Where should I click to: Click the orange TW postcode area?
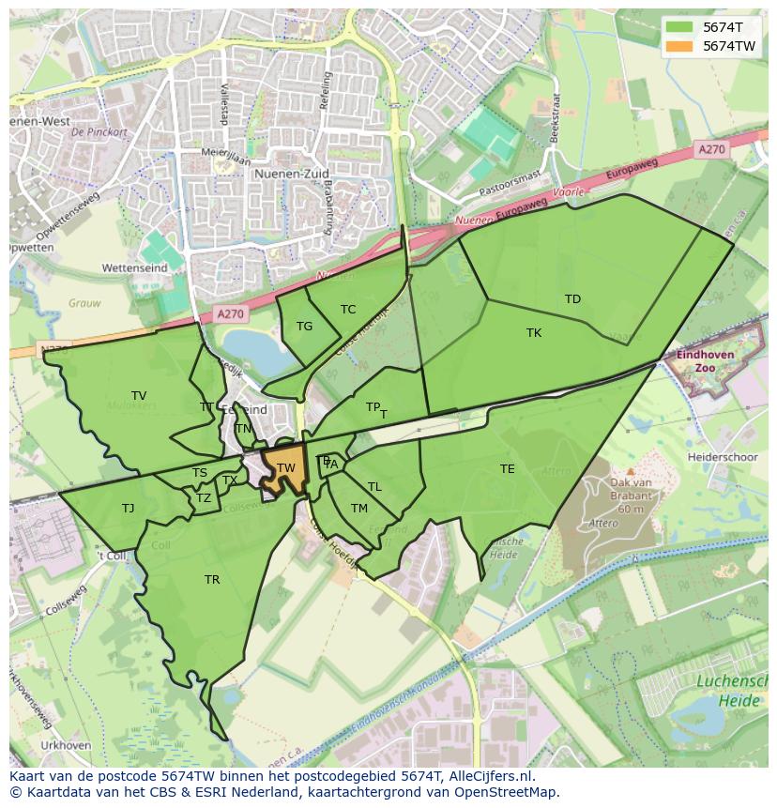point(285,468)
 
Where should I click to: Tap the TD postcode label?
point(572,299)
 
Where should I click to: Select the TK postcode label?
point(534,333)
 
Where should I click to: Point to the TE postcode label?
point(508,469)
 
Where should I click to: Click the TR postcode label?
point(212,580)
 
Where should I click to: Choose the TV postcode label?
point(139,396)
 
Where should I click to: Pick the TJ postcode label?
point(128,509)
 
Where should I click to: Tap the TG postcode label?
point(304,327)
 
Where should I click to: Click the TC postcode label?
point(348,310)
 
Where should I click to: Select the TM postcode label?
point(359,509)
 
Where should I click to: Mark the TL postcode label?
point(374,487)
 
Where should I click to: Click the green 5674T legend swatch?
point(679,27)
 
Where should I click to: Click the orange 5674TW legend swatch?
point(679,46)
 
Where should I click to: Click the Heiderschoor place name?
point(723,457)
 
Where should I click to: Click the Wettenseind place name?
point(134,267)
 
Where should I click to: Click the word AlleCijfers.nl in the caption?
point(488,777)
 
